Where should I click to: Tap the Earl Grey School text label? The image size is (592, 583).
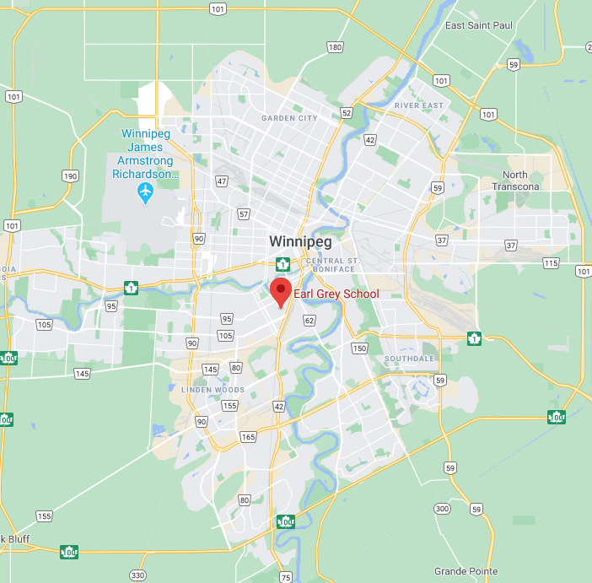[336, 294]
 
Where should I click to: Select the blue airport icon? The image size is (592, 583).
[145, 192]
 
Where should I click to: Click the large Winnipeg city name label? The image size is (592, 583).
[300, 241]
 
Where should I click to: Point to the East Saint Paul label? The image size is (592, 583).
[478, 26]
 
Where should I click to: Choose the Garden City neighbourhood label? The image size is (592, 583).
[289, 118]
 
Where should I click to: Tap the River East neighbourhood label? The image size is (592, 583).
[418, 105]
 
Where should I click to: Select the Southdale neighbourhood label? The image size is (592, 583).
[409, 359]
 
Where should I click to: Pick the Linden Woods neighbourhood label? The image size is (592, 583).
[213, 390]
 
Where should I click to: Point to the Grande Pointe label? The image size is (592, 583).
[466, 571]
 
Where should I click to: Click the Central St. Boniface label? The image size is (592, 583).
[333, 266]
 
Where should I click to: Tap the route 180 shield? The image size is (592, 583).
[335, 47]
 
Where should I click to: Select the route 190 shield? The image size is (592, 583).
[70, 176]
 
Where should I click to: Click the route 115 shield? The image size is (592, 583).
[551, 264]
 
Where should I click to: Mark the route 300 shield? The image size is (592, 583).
[442, 509]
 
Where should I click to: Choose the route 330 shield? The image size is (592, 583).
[137, 575]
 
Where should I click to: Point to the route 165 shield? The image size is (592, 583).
[247, 437]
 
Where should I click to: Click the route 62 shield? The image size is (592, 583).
[309, 321]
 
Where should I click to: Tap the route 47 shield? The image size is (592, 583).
[222, 181]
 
